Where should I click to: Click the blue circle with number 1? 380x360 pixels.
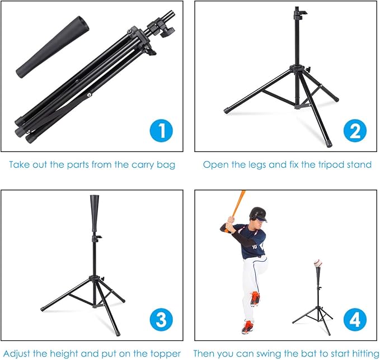[162, 132]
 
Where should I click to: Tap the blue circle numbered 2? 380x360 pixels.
[355, 132]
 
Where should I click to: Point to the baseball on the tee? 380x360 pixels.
[318, 263]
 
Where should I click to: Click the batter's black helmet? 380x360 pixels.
[258, 214]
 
